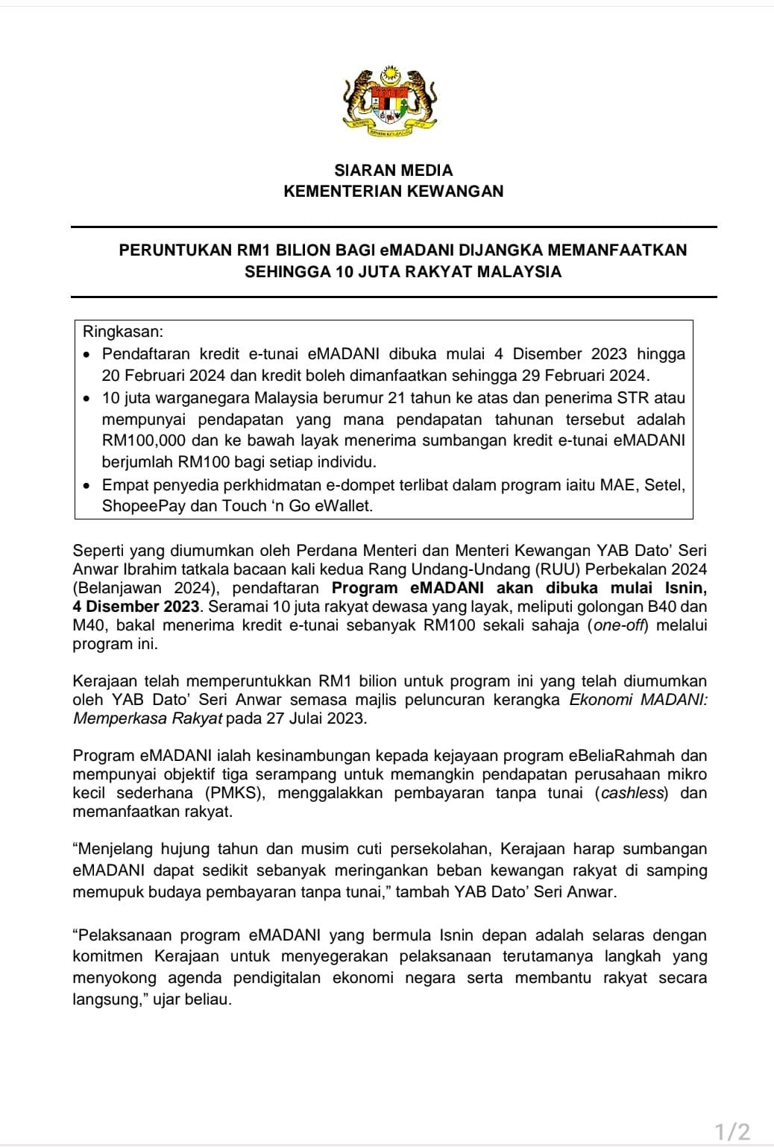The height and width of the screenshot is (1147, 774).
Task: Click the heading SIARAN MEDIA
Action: [x=394, y=170]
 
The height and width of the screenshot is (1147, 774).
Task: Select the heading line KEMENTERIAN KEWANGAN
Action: [x=394, y=191]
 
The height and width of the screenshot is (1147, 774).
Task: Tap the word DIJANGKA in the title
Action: [x=500, y=250]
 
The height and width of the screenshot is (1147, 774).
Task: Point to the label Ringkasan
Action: [x=123, y=332]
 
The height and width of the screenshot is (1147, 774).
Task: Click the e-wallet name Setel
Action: [x=664, y=485]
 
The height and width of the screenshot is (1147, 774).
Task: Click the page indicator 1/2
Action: [x=732, y=1131]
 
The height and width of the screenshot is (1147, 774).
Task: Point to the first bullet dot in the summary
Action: [x=89, y=354]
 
